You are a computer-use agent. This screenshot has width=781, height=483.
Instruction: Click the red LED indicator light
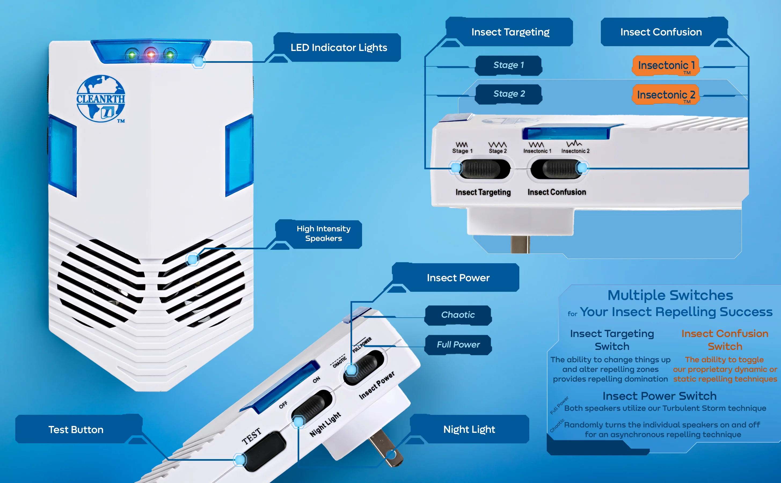coord(151,55)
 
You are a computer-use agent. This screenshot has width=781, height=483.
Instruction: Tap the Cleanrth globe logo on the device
coord(101,99)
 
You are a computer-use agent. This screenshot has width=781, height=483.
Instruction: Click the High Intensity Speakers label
coord(323,233)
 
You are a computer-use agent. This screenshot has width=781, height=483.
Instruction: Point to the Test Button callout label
coord(76,430)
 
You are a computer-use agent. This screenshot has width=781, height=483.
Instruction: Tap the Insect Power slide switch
coord(364,367)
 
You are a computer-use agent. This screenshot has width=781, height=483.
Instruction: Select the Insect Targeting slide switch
coord(485,169)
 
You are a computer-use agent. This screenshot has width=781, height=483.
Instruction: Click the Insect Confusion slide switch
coord(556,169)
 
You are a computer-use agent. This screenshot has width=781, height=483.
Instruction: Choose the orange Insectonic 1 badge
coord(666,66)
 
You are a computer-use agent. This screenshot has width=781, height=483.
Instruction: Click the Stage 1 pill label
coord(509,65)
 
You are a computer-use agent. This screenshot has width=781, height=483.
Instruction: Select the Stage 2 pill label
coord(509,94)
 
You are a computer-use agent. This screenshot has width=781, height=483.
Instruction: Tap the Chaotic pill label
coord(458,315)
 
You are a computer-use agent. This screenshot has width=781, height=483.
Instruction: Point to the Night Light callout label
coord(469,429)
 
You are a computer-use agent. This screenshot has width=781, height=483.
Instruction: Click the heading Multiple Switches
coord(670,295)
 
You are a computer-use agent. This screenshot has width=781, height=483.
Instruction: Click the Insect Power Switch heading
coord(659,396)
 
